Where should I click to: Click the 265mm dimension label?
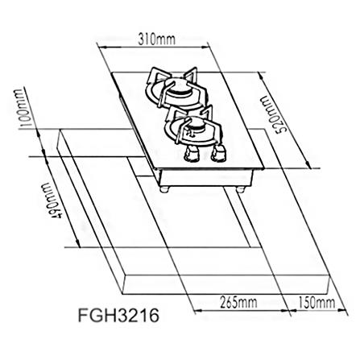coord(238,302)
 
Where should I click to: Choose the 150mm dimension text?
coord(316,302)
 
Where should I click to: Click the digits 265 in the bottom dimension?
coord(229,302)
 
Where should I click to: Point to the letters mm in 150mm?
coord(325,302)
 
